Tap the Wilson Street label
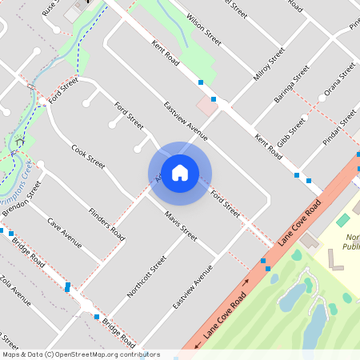click(x=202, y=26)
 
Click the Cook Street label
click(x=88, y=157)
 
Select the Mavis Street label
click(x=181, y=226)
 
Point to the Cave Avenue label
click(x=64, y=232)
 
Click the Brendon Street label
click(x=22, y=203)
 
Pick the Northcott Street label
click(x=146, y=277)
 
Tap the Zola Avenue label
click(x=15, y=292)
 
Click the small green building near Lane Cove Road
click(x=343, y=219)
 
